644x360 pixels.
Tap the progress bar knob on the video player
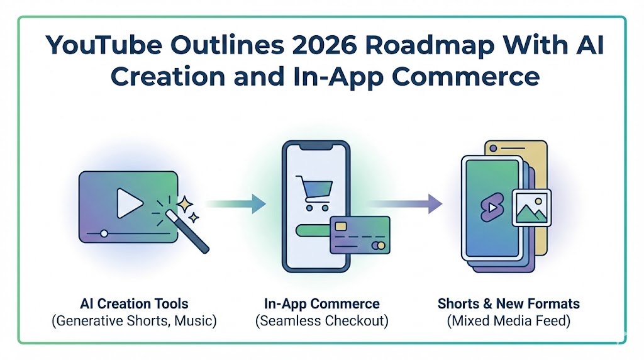(x=104, y=233)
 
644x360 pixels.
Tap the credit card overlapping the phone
(x=359, y=235)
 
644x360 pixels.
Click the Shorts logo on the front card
(x=490, y=208)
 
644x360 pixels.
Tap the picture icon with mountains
(x=531, y=207)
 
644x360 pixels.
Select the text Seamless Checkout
(x=321, y=321)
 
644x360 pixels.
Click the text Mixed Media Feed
(x=509, y=321)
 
